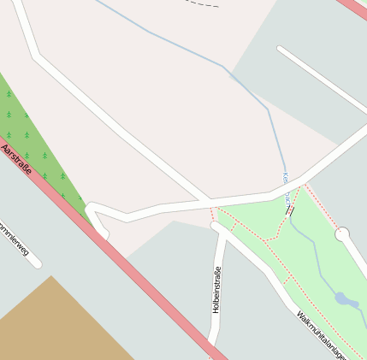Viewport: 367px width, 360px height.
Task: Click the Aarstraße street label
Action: pos(17,160)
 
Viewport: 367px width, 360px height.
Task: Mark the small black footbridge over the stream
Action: pos(291,209)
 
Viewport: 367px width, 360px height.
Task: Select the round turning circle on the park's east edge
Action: pos(342,233)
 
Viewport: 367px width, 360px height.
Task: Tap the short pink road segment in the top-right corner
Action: pos(352,8)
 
